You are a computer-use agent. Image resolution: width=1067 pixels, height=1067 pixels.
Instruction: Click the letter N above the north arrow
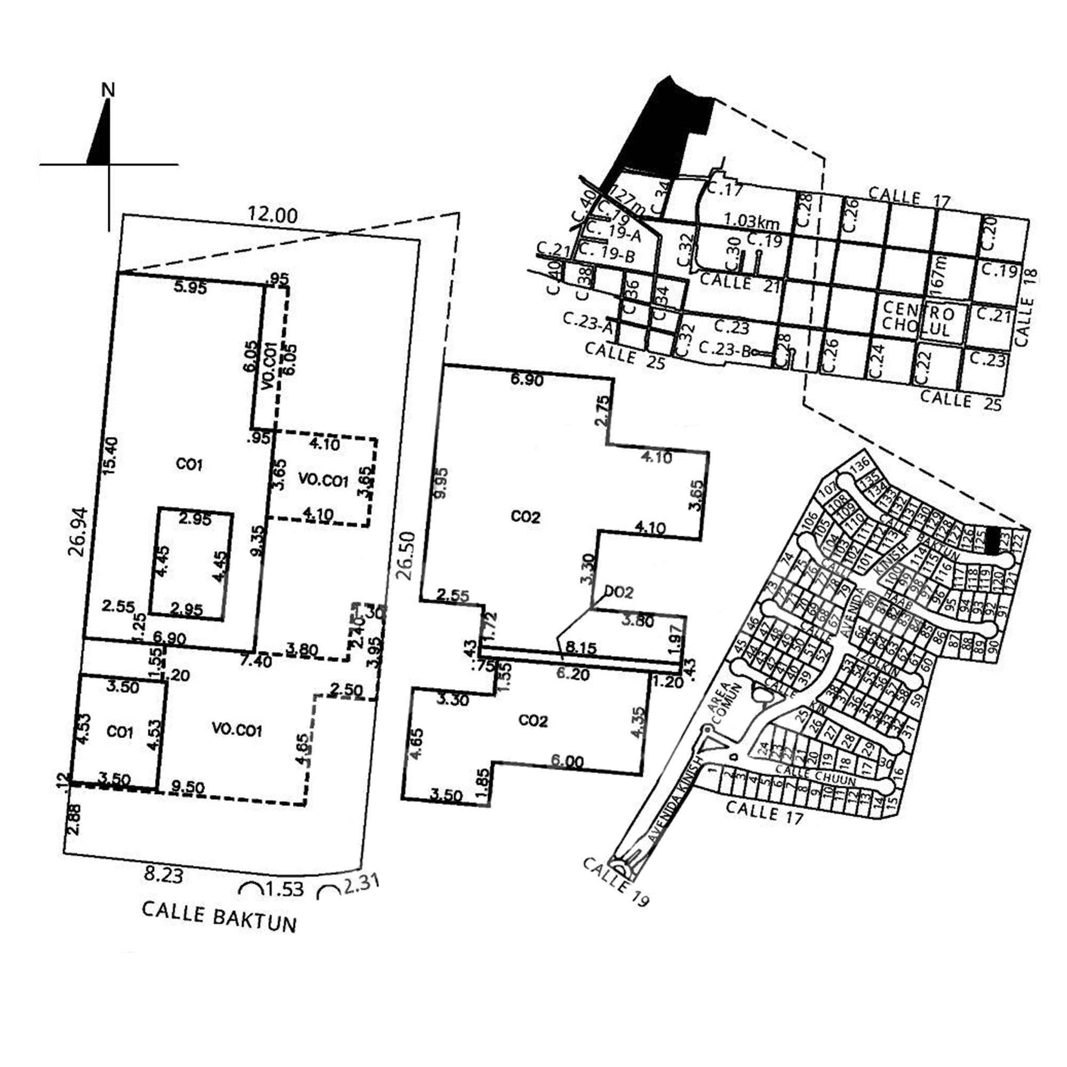tap(109, 90)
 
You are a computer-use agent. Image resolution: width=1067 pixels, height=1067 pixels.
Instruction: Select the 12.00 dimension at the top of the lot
tap(272, 214)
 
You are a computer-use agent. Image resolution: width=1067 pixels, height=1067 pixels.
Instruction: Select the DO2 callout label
tap(618, 593)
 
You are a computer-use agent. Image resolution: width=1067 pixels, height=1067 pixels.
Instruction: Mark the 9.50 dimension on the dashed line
tap(188, 787)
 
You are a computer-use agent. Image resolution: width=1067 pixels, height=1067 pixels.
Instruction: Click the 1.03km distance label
tap(752, 222)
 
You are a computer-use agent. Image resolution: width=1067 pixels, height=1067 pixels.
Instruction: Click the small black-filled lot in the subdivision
tap(993, 540)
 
